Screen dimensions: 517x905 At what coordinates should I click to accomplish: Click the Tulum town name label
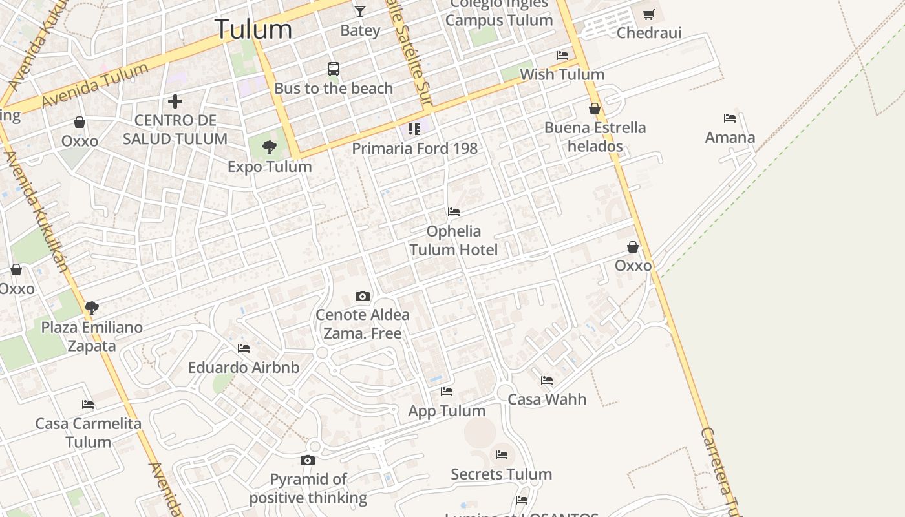[x=253, y=29]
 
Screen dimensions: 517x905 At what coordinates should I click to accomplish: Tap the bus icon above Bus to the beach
[x=334, y=69]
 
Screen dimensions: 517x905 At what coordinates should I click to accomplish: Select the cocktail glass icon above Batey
[x=360, y=11]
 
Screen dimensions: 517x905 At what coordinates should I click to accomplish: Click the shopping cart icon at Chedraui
[x=649, y=14]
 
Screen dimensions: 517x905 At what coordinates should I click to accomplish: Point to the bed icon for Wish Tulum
[x=562, y=56]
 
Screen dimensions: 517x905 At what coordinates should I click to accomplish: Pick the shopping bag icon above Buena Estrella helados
[x=595, y=109]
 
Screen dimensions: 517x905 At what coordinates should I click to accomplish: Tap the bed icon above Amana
[x=730, y=118]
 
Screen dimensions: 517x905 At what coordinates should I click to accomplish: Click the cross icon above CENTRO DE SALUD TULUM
[x=175, y=101]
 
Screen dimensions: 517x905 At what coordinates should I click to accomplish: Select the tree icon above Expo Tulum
[x=270, y=147]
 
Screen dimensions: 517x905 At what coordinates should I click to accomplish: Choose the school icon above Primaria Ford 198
[x=414, y=129]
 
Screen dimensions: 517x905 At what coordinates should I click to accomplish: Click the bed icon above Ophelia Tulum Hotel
[x=454, y=212]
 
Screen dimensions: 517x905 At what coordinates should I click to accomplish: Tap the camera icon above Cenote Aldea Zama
[x=363, y=296]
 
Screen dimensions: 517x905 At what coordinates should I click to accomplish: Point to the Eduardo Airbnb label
[x=244, y=368]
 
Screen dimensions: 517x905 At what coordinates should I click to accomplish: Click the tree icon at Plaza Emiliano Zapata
[x=92, y=308]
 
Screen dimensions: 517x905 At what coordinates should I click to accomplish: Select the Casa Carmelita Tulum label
[x=88, y=433]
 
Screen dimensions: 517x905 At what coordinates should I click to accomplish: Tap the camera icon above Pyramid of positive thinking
[x=308, y=460]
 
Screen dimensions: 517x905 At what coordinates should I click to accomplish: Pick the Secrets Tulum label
[x=501, y=474]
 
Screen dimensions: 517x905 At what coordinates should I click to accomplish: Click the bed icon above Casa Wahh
[x=547, y=381]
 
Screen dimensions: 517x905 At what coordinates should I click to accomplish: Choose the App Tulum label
[x=447, y=411]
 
